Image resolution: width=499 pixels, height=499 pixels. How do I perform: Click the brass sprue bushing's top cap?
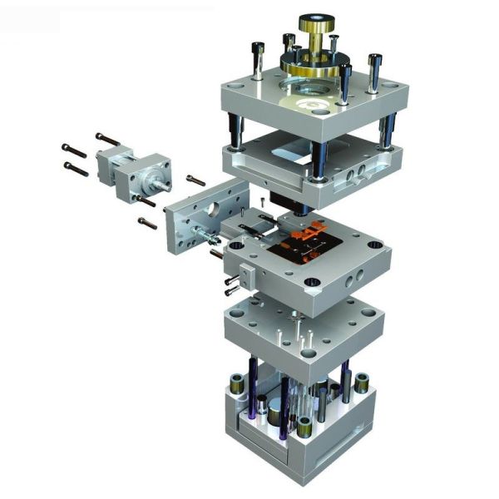coord(316,18)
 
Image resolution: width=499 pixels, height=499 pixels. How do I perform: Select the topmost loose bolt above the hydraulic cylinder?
coord(106,138)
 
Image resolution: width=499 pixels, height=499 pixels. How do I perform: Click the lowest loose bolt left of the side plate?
coord(147,223)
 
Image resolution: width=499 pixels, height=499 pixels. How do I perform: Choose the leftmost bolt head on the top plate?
coord(259,49)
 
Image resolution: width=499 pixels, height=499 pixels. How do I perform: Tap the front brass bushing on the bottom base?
coord(305,427)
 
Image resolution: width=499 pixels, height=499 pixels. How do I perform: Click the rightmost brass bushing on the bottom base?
coord(362,383)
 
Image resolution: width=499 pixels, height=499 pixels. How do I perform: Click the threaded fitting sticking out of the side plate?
coord(202,235)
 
